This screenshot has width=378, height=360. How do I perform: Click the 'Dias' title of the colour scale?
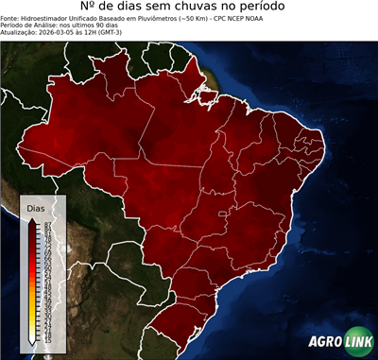tap(35, 207)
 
